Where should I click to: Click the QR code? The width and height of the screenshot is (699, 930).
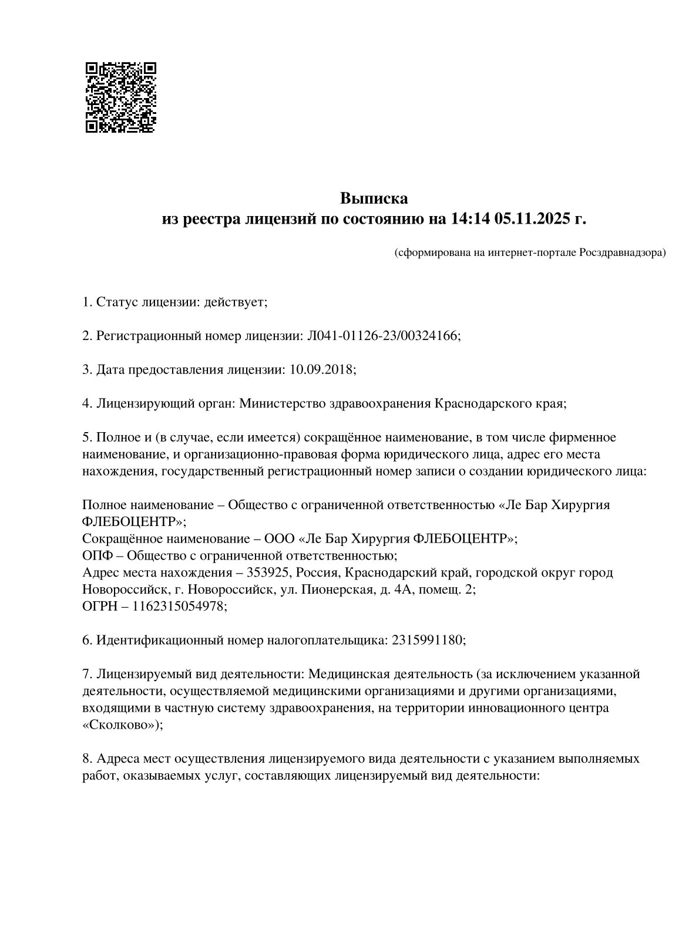click(x=121, y=97)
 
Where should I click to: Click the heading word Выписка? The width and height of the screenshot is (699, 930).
click(x=374, y=198)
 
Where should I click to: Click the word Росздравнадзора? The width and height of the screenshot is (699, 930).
click(x=622, y=253)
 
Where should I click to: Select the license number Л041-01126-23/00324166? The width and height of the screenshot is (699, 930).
click(x=382, y=336)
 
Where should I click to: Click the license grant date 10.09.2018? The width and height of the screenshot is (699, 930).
click(x=321, y=370)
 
